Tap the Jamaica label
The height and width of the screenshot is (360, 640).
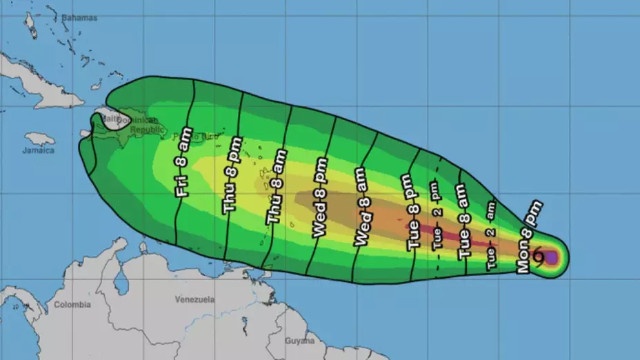tap(38, 150)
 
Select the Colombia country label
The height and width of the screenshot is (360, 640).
tap(72, 304)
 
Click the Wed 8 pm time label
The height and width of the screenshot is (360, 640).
tap(321, 198)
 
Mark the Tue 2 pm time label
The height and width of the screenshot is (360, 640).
tap(437, 216)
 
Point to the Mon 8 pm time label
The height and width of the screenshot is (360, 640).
tap(529, 236)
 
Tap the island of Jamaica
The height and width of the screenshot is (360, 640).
tap(39, 139)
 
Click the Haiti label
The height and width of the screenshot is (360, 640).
tap(108, 119)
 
